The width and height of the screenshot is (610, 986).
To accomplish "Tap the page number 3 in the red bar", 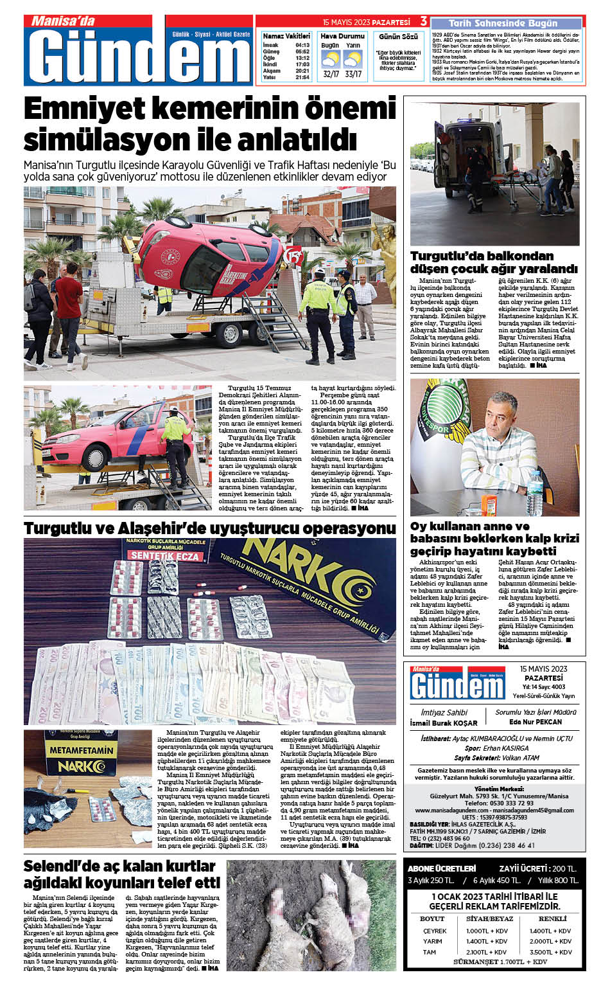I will (423, 22).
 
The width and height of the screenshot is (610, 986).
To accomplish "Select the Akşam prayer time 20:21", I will (302, 71).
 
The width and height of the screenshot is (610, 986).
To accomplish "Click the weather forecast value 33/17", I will (353, 74).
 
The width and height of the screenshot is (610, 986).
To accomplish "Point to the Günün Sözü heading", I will (398, 37).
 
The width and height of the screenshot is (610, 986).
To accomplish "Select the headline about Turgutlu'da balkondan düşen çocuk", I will (494, 262).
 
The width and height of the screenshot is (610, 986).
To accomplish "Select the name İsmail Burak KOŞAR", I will (443, 723).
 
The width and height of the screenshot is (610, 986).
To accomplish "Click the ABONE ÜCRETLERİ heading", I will (442, 868).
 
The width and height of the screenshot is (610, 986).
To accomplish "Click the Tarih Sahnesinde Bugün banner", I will (503, 22).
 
